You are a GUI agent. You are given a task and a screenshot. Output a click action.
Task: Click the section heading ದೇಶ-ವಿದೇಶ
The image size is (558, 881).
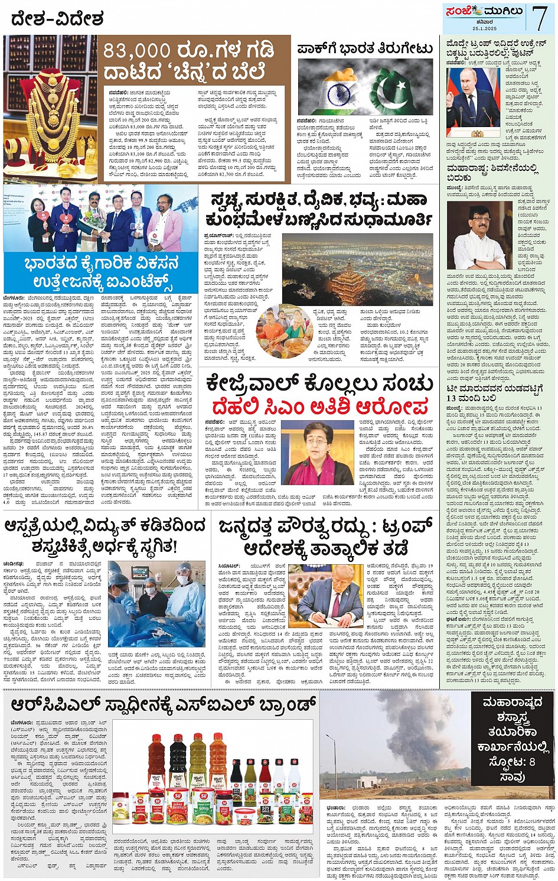tap(58, 19)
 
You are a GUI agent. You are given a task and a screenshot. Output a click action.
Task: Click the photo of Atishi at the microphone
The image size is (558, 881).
tap(317, 452)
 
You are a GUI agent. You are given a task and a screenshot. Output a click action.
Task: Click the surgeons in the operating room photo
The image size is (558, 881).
tap(156, 603)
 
